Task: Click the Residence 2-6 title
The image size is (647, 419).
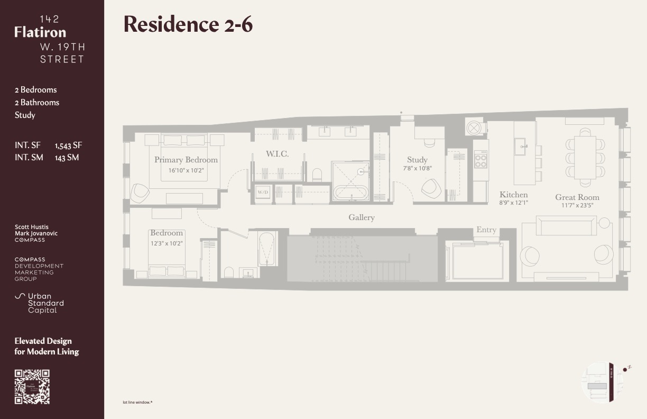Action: tap(188, 24)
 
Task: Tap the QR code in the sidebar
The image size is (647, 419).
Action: tap(32, 387)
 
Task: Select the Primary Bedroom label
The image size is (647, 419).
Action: tap(186, 160)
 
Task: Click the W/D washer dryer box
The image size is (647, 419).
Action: tap(263, 193)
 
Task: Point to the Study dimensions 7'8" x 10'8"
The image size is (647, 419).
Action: tap(417, 169)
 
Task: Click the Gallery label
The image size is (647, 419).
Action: tap(362, 217)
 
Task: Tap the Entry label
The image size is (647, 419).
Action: tap(486, 230)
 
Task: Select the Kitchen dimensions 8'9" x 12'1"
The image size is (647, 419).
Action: tap(513, 203)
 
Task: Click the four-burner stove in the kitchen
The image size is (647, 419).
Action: tap(480, 159)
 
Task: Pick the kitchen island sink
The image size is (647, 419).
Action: tap(522, 144)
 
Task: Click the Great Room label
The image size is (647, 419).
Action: tap(577, 197)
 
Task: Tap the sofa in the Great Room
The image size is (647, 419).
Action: tap(566, 226)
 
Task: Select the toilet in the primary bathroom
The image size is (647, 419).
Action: tap(317, 175)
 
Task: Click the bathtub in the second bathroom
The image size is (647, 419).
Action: tap(267, 248)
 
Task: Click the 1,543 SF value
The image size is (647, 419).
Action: tap(68, 145)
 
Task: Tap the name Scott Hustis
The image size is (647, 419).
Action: tap(31, 227)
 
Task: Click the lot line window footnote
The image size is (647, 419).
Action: tap(137, 402)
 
